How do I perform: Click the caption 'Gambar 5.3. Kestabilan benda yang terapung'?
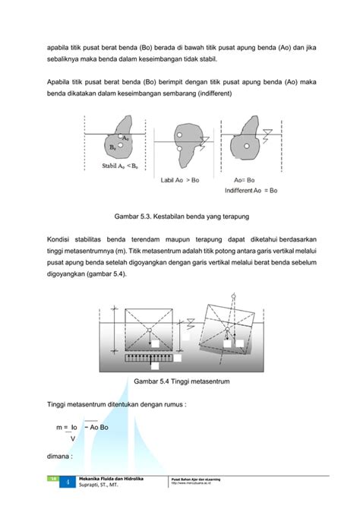(180, 217)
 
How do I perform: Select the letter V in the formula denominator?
(72, 438)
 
